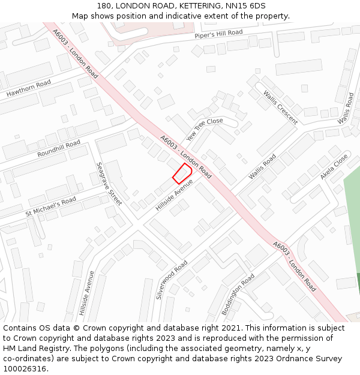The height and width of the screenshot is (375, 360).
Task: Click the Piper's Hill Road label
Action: point(218,34)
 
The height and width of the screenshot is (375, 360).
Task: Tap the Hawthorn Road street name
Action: point(29,89)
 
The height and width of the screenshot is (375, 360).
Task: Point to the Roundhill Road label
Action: point(59,149)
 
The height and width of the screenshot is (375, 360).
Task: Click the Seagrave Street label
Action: point(109,184)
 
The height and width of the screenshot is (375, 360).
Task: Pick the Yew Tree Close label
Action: point(205,130)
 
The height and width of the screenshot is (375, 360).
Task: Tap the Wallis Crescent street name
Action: point(280,107)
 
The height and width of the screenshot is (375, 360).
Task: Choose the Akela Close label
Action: point(334,166)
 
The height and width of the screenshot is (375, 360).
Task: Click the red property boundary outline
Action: point(182,173)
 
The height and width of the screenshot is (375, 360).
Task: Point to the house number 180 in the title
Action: point(104,6)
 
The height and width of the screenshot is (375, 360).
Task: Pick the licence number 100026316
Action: point(24,369)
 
